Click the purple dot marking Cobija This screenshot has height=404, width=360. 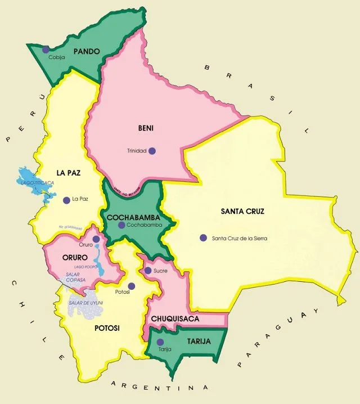pos(46,50)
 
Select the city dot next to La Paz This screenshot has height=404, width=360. pos(66,199)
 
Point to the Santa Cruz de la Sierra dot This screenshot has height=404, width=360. pos(203,237)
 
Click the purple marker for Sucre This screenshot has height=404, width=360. pos(147,271)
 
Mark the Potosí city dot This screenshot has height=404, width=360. pos(131,286)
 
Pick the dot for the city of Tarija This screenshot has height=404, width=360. pos(160,342)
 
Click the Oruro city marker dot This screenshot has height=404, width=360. pos(96,239)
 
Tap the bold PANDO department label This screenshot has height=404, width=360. pos(87,51)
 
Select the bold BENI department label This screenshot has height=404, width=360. pos(146,128)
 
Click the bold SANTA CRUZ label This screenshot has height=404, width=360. pos(242,212)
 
